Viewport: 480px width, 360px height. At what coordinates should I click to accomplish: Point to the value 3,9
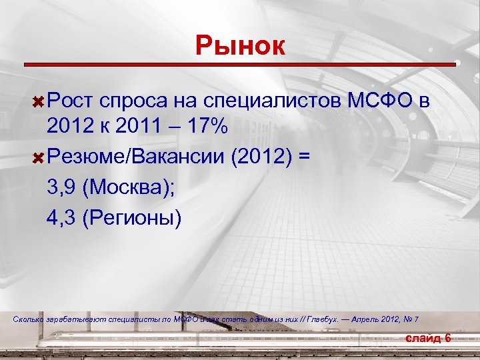(x=62, y=189)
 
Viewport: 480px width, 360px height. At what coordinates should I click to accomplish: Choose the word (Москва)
(x=129, y=189)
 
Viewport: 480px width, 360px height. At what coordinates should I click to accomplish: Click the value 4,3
(x=62, y=218)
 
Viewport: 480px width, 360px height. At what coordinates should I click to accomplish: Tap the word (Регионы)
(x=131, y=219)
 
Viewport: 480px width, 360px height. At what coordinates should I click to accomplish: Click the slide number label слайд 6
(x=429, y=339)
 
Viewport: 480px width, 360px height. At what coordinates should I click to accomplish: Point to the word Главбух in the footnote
(x=323, y=320)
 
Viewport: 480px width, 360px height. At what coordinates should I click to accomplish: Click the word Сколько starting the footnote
(x=28, y=320)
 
